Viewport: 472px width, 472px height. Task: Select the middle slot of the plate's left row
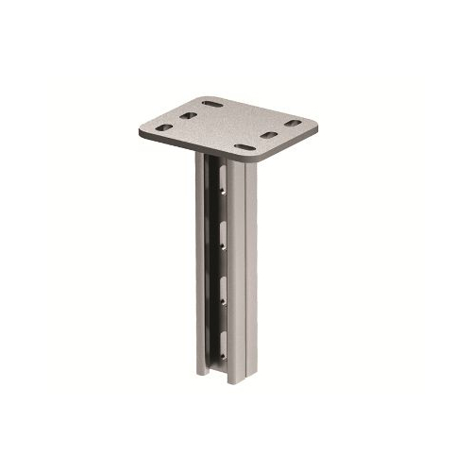[x=187, y=115]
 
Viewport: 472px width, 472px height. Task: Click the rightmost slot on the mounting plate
[x=294, y=124]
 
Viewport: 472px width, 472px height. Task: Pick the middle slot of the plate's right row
[x=270, y=136]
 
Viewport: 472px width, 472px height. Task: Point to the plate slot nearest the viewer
[x=244, y=147]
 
